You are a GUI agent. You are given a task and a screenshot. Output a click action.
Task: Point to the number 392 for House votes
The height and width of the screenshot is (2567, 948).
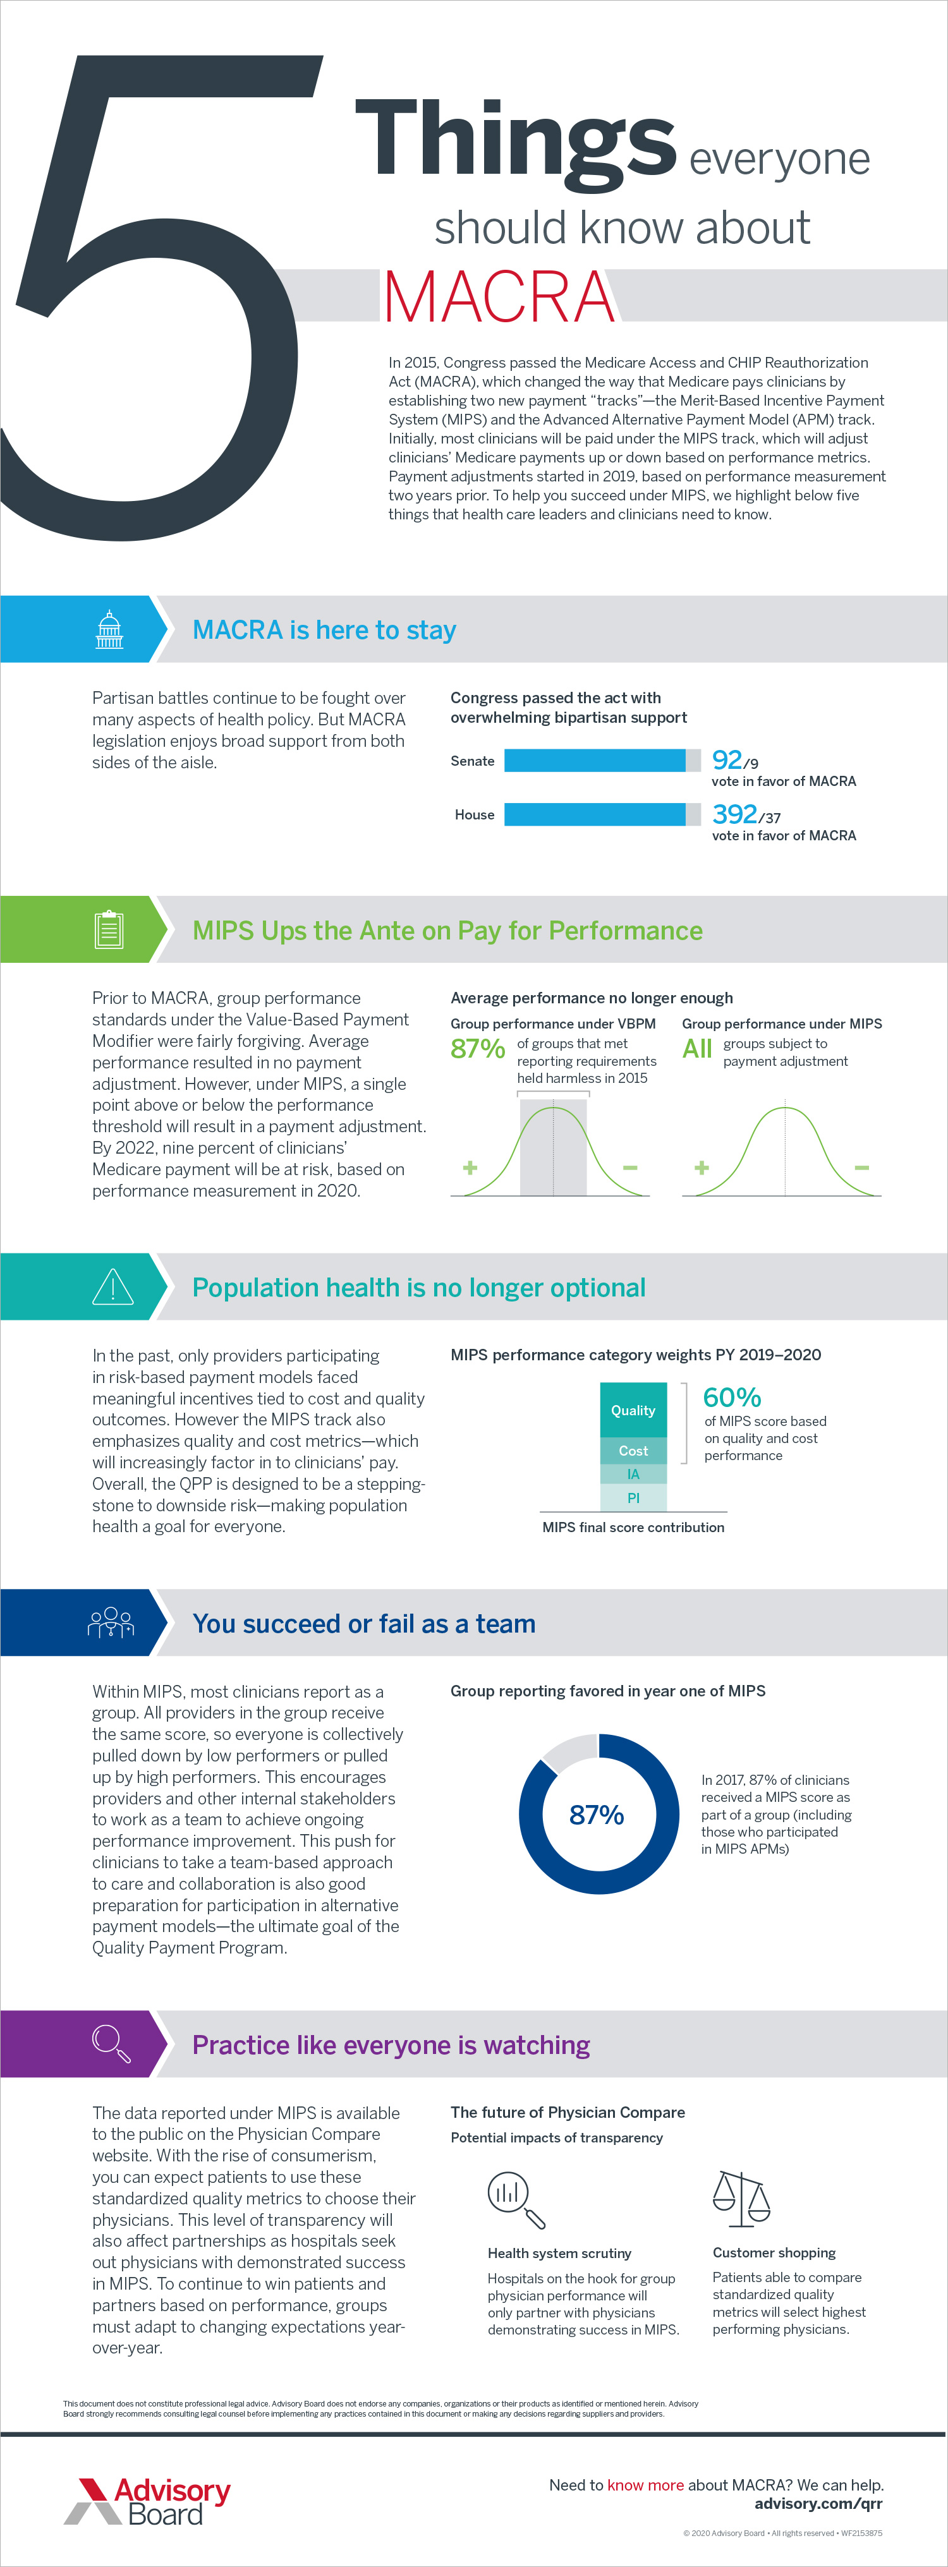pyautogui.click(x=734, y=814)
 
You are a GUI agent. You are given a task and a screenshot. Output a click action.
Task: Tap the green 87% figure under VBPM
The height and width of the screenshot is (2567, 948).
pyautogui.click(x=478, y=1048)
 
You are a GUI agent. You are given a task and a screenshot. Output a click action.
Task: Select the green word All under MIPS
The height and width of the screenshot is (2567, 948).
pyautogui.click(x=697, y=1048)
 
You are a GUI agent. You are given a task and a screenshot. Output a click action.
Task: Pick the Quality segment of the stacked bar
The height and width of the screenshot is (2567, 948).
pyautogui.click(x=633, y=1410)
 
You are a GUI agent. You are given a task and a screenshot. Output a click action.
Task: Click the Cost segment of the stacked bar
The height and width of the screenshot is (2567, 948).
pyautogui.click(x=633, y=1451)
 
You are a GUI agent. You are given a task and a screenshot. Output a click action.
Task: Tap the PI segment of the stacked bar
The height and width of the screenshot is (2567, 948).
pyautogui.click(x=633, y=1498)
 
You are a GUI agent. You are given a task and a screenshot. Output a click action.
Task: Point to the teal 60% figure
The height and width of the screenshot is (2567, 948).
pyautogui.click(x=732, y=1397)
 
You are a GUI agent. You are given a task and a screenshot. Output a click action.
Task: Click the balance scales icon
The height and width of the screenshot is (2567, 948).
pyautogui.click(x=742, y=2198)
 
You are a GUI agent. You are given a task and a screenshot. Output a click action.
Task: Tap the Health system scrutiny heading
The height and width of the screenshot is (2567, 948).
pyautogui.click(x=559, y=2253)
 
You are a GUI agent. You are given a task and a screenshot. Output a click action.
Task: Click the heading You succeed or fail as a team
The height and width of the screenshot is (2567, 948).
pyautogui.click(x=364, y=1623)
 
